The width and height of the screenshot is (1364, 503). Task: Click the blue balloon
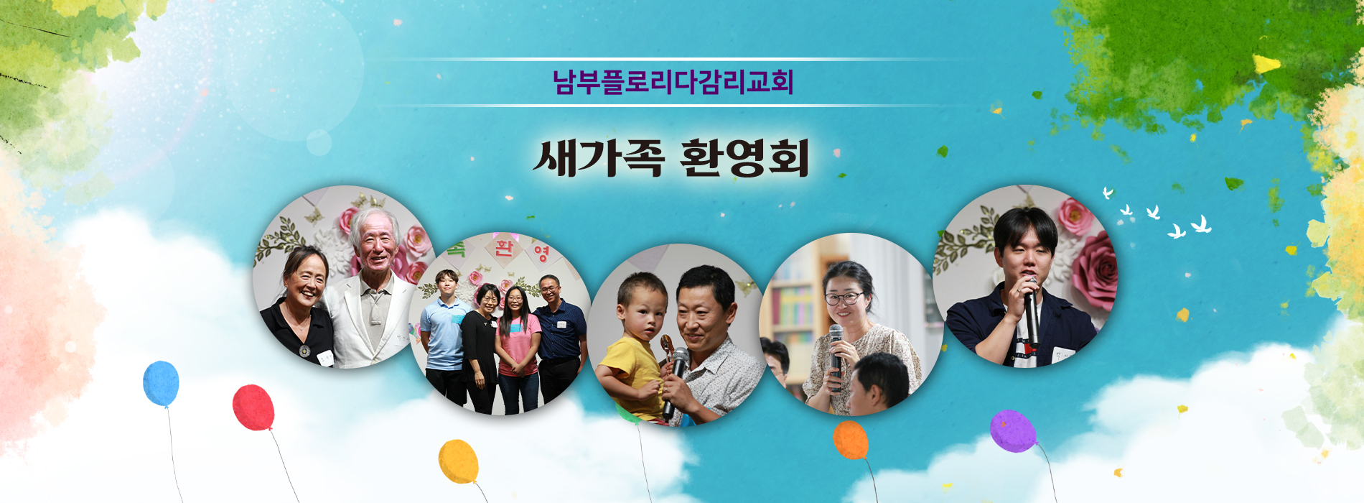coord(161,384)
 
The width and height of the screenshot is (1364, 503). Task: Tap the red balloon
coord(253,408)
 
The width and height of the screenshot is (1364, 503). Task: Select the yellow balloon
coord(459,461)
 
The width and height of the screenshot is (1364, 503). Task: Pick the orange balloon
coord(851,440)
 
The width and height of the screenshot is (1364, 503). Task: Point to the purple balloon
coord(1013,431)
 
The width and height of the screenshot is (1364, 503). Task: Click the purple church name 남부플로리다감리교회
coord(673,81)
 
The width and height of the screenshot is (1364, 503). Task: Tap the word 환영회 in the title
coord(744,158)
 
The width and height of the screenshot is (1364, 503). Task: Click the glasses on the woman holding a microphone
coord(844,297)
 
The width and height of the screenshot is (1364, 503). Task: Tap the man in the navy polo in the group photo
coord(558,338)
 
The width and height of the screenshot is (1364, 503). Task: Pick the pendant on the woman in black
coord(304,351)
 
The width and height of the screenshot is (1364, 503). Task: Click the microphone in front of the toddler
coord(675,381)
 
